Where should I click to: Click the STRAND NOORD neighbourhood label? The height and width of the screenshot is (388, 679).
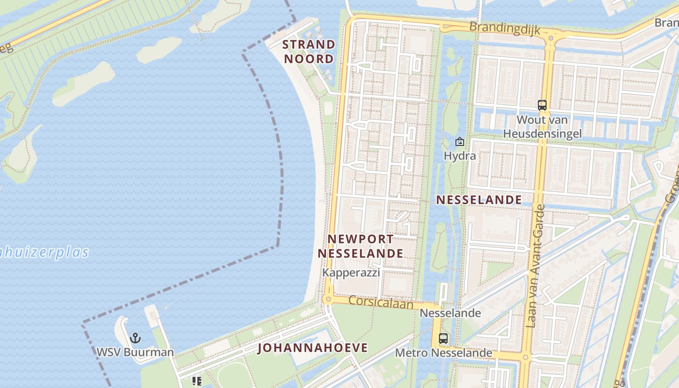309,51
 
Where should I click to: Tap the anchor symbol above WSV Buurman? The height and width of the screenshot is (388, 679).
135,338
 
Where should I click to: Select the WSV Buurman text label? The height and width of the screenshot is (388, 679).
135,352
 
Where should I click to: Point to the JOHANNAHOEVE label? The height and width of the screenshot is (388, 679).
312,348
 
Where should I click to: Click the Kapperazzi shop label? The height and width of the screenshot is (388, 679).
351,273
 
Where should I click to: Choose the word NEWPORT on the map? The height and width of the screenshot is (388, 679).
361,239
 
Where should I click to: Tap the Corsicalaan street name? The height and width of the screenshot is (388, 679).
381,303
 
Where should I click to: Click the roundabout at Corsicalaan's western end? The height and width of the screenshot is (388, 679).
328,299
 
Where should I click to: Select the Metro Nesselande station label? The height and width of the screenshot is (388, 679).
443,353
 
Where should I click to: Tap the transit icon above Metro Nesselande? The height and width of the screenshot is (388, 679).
443,339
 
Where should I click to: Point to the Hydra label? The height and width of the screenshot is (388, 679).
460,156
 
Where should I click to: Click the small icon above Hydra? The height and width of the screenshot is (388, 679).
459,142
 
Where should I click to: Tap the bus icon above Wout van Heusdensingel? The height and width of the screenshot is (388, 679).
542,105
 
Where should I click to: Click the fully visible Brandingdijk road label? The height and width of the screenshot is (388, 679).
504,28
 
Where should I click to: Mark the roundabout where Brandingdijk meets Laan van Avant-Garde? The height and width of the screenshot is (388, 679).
550,37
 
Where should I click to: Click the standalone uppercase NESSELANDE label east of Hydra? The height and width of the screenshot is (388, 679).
479,199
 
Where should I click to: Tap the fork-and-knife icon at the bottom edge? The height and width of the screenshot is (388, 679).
196,381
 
